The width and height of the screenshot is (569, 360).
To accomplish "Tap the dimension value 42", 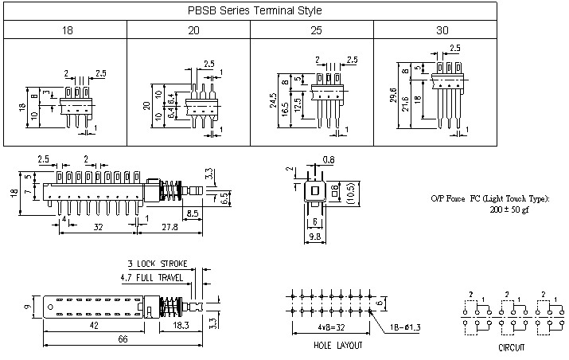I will (x=95, y=326).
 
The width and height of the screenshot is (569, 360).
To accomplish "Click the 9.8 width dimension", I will (x=315, y=237).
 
